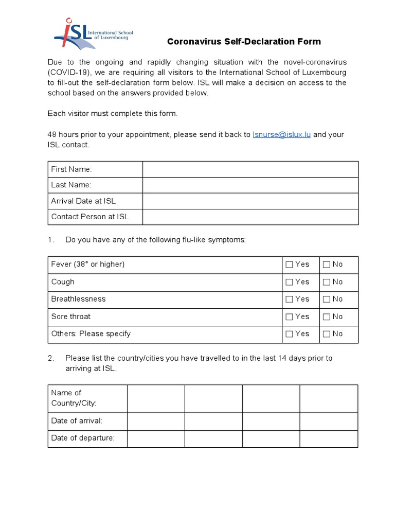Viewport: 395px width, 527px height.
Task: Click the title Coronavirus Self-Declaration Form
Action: [x=244, y=42]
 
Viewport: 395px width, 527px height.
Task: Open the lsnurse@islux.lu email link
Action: [x=282, y=135]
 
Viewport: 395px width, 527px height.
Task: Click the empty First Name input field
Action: [x=250, y=169]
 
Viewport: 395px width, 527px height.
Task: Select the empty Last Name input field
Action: [x=250, y=185]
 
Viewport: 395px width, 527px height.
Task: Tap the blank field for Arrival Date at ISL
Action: [x=250, y=201]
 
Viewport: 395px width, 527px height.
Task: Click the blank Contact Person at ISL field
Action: [x=250, y=217]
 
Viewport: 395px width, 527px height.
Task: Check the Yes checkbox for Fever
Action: [x=290, y=265]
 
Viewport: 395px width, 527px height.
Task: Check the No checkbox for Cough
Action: [x=327, y=282]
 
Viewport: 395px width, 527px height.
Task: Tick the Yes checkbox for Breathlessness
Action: [x=290, y=299]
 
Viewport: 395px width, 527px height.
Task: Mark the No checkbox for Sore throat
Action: [x=327, y=317]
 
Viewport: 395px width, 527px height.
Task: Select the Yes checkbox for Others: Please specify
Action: [x=290, y=334]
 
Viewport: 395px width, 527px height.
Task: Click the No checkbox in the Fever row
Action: [x=327, y=265]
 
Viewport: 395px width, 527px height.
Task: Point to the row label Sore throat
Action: [x=71, y=317]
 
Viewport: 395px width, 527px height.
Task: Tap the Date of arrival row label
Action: [x=77, y=421]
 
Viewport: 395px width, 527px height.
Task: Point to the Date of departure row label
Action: [x=83, y=438]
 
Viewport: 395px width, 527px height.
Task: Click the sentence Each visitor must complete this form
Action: [x=113, y=113]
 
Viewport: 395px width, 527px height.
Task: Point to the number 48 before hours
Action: [x=52, y=135]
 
